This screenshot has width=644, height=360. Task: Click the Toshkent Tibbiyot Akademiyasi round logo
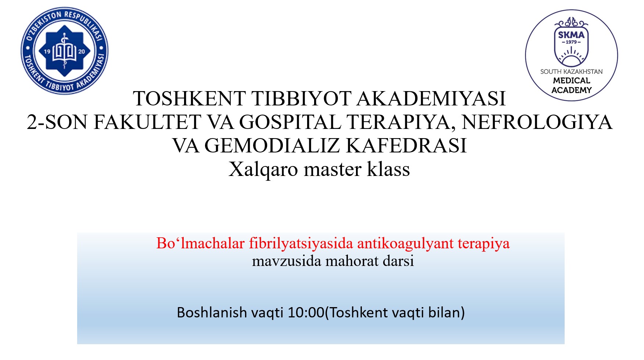65,51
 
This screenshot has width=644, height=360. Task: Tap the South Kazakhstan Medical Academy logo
571,55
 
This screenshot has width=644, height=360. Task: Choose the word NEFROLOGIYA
537,122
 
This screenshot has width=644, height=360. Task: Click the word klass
388,169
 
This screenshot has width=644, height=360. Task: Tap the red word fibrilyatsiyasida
301,244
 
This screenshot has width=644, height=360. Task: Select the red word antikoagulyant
405,244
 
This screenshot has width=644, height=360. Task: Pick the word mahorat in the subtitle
352,261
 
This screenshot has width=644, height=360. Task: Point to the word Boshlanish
212,313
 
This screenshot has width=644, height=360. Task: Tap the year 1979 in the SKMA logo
571,42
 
